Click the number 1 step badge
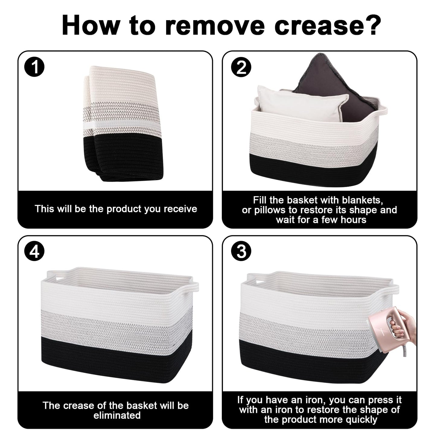click(x=34, y=67)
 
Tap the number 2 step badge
click(x=241, y=67)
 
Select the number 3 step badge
click(x=241, y=251)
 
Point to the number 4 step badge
click(x=34, y=251)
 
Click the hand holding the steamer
click(x=405, y=326)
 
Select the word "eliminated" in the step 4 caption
click(x=117, y=415)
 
